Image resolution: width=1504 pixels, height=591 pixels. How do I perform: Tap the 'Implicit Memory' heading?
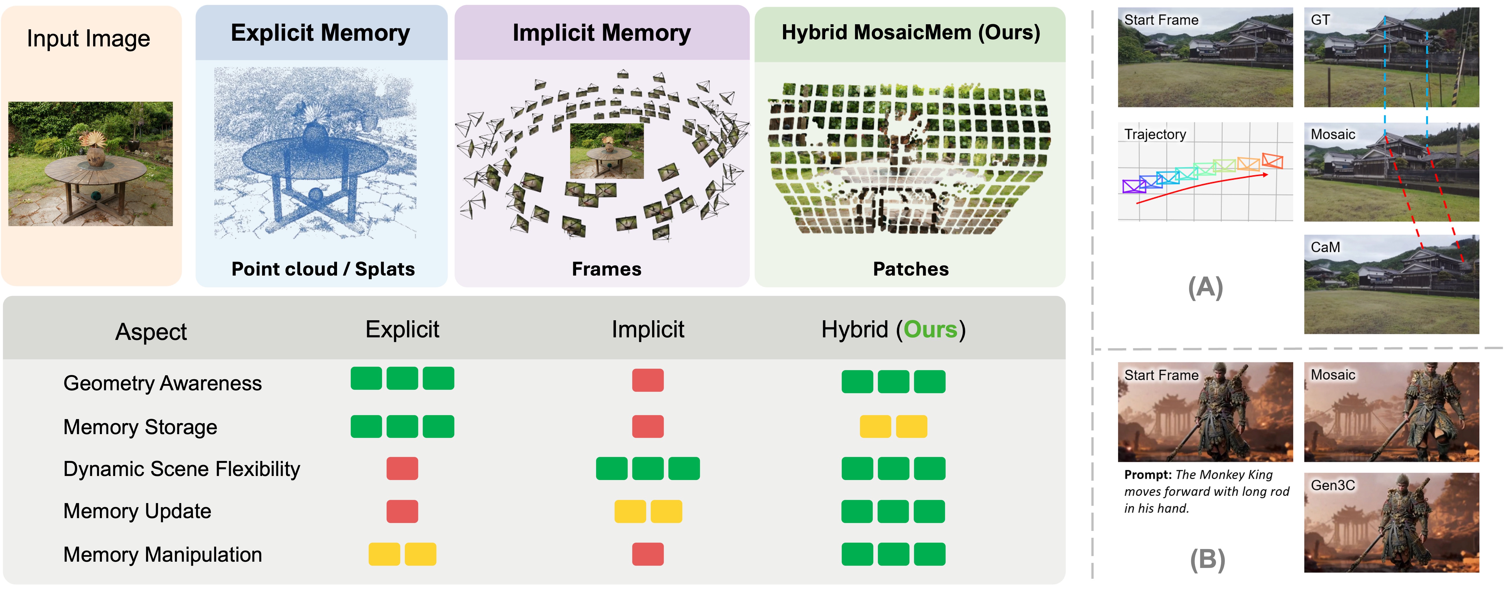601,33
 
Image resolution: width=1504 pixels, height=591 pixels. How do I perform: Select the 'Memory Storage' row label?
140,427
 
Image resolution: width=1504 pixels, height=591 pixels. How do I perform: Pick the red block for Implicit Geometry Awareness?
648,380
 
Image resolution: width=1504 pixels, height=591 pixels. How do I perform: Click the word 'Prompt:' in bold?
1148,475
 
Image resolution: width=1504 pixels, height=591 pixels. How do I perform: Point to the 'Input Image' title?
88,38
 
